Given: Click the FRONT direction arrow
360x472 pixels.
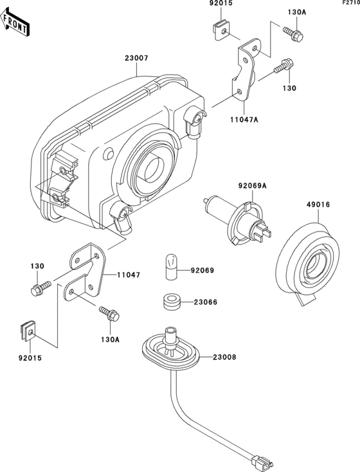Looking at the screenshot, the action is click(15, 23).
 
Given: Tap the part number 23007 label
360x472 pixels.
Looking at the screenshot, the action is click(137, 58).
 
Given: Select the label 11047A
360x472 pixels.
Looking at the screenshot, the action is click(244, 120).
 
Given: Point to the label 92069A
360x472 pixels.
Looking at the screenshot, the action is click(252, 186).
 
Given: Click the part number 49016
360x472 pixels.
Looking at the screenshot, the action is click(318, 204).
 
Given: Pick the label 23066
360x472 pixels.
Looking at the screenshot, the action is click(205, 302).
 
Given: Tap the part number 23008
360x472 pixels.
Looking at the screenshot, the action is click(224, 358).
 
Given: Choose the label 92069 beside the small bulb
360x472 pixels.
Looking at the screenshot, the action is click(203, 270).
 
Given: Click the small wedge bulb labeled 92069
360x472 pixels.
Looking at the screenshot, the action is click(171, 267).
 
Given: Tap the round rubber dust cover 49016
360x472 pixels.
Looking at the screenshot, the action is click(308, 262).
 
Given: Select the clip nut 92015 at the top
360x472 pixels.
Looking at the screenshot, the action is click(221, 30).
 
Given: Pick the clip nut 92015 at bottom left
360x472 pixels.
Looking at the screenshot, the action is click(28, 331).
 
